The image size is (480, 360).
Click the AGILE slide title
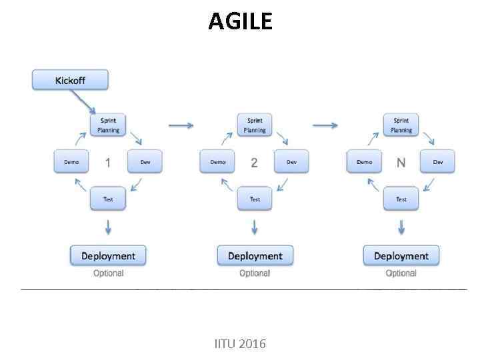[x=240, y=21]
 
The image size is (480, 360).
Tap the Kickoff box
[x=70, y=81]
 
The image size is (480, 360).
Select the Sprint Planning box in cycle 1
[x=108, y=125]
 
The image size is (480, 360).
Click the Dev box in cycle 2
[x=291, y=162]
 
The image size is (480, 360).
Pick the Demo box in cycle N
[x=364, y=162]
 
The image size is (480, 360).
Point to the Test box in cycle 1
[x=108, y=199]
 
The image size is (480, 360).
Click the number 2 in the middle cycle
[x=254, y=163]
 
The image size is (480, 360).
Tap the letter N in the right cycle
[x=401, y=163]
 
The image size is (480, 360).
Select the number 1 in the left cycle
[x=108, y=163]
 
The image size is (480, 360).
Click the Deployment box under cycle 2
[x=255, y=256]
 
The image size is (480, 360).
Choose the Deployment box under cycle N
[x=401, y=256]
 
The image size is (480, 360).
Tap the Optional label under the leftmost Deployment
[x=108, y=273]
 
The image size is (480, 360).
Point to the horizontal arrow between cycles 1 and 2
[x=181, y=125]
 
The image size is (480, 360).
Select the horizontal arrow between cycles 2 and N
[x=325, y=125]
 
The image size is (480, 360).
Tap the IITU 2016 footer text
[x=240, y=344]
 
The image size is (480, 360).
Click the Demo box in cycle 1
[x=71, y=162]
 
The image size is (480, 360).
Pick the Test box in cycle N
[x=401, y=199]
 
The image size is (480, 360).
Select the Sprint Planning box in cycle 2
[x=255, y=125]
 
